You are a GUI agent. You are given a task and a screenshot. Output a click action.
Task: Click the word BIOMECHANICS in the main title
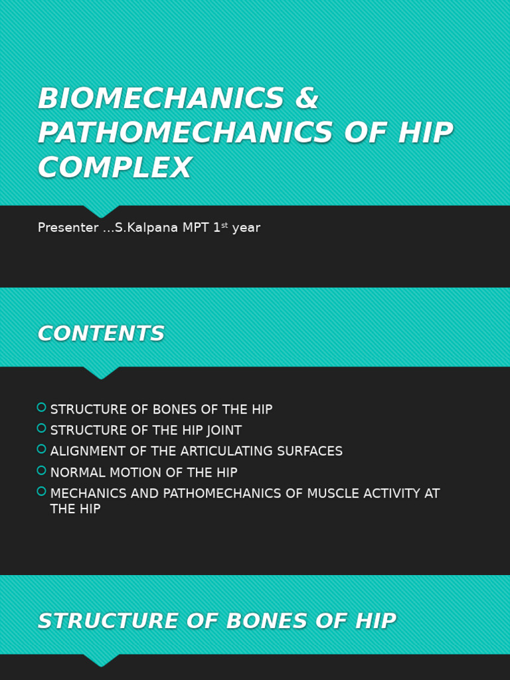161,100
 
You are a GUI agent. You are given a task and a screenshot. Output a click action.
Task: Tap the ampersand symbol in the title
307,100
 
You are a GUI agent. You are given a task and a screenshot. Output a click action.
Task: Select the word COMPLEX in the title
114,169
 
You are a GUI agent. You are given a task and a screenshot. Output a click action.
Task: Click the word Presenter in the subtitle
68,228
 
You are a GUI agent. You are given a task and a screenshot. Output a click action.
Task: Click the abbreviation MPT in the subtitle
195,228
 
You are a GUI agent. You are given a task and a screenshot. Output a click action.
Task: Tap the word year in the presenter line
246,228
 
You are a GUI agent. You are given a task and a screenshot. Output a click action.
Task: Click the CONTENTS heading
101,334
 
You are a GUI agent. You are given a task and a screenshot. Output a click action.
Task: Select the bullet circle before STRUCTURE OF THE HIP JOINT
41,428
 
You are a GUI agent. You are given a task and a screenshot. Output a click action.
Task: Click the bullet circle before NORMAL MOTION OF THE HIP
41,470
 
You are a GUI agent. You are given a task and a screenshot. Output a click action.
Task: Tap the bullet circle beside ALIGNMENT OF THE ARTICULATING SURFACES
41,449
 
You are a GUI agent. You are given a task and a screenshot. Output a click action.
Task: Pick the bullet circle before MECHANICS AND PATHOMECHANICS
41,491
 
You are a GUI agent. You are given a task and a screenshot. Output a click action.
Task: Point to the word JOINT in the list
223,431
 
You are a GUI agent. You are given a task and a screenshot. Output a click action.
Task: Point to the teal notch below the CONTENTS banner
101,373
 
